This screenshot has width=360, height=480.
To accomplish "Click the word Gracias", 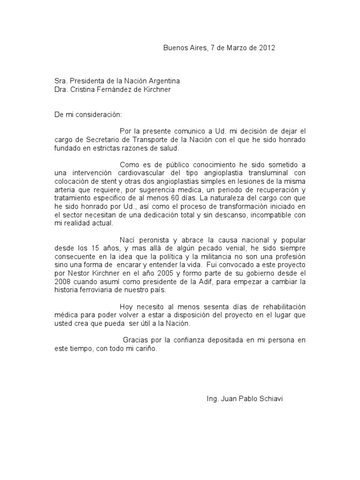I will (x=136, y=341).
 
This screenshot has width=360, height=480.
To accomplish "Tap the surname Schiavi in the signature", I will (x=270, y=399).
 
